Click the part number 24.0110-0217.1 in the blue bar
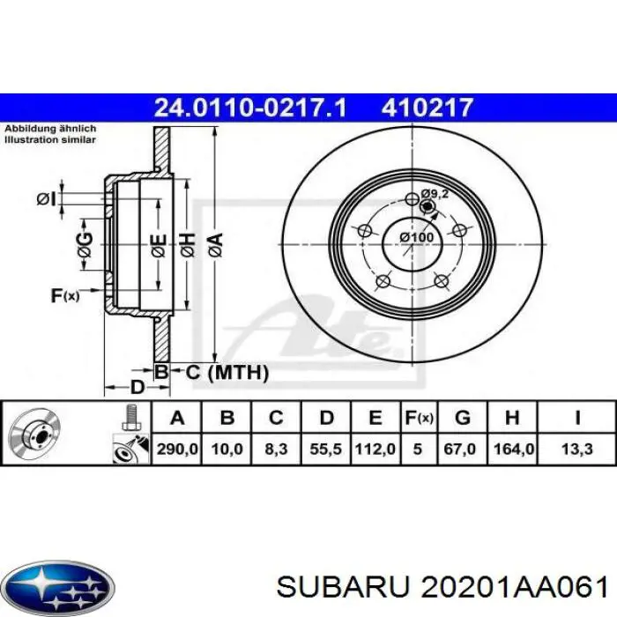250,108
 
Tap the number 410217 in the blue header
427,108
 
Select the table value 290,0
177,449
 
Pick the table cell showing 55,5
326,449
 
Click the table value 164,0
513,449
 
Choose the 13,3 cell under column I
576,449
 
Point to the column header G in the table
463,417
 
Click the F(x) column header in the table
419,418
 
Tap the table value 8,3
276,449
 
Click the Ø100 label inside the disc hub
417,237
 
